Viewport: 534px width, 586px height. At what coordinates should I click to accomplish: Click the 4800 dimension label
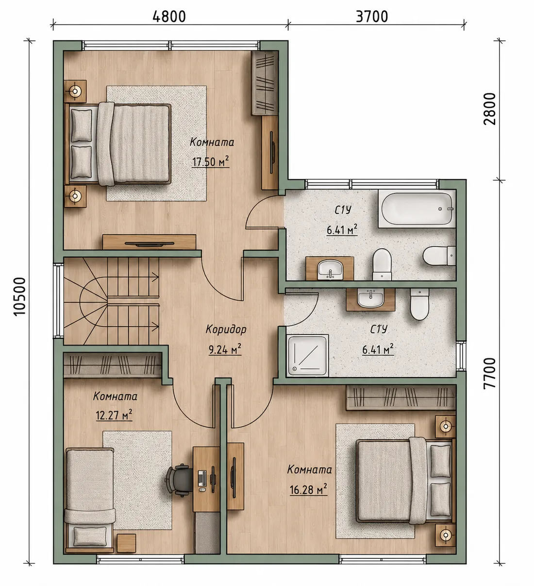click(x=169, y=17)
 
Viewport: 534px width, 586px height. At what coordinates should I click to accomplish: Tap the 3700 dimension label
click(x=372, y=17)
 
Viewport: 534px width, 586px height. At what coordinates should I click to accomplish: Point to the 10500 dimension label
click(x=20, y=296)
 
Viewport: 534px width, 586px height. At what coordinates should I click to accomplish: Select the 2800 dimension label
click(x=490, y=109)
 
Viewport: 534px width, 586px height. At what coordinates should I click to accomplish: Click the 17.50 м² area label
click(x=210, y=161)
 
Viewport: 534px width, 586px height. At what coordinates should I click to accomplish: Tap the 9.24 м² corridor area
click(x=225, y=349)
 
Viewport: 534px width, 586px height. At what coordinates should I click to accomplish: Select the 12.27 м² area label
click(x=114, y=415)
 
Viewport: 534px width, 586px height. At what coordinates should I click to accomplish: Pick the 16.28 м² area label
click(x=308, y=489)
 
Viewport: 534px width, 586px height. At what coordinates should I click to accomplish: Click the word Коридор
click(x=226, y=329)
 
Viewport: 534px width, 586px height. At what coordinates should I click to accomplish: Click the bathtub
click(x=417, y=208)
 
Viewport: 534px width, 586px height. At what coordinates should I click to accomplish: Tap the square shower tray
click(x=308, y=355)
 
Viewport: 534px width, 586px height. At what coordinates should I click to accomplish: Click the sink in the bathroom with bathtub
click(x=330, y=269)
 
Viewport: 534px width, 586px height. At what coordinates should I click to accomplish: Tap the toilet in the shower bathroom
click(x=419, y=304)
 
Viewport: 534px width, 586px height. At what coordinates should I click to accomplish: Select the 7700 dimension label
click(x=490, y=373)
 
